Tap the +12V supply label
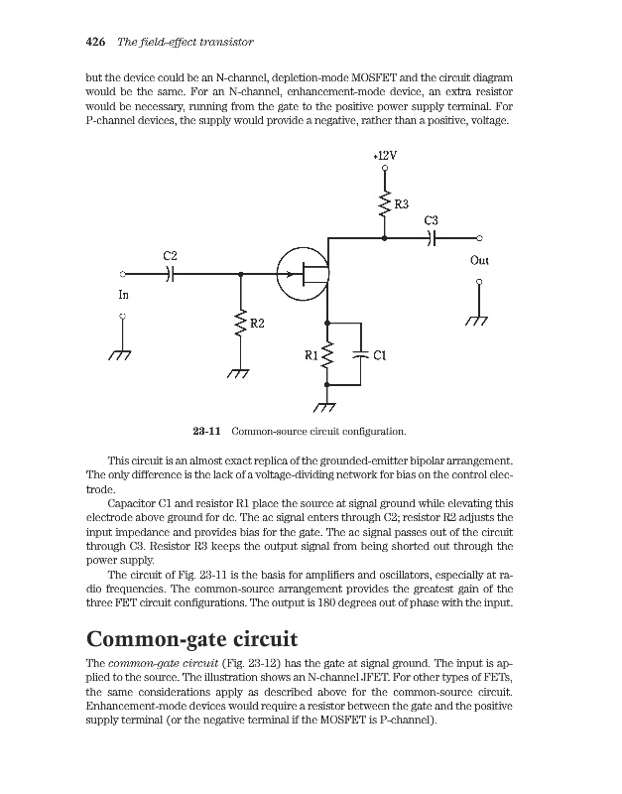tap(384, 156)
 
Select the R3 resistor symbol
tap(384, 205)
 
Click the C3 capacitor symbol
tap(432, 238)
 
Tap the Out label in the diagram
tap(479, 262)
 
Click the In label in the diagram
tap(123, 295)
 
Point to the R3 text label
tap(402, 203)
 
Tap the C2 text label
tap(171, 256)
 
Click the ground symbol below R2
tap(238, 373)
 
